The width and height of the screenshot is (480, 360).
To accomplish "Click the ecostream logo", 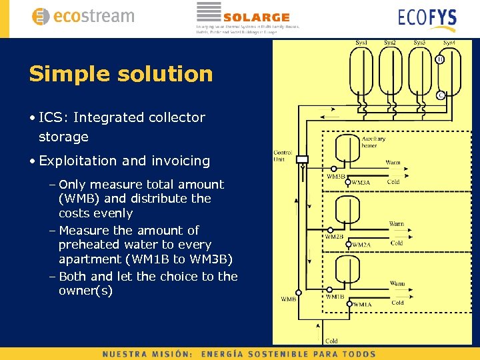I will pos(83,17).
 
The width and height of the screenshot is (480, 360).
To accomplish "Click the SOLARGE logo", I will pos(247,17).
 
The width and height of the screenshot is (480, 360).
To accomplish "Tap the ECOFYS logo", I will pos(427,17).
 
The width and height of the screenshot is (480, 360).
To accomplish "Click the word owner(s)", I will pos(85,291).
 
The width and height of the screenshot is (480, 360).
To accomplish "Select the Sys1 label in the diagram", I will pos(361,43).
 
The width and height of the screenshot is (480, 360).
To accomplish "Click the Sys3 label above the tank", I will pos(420,43).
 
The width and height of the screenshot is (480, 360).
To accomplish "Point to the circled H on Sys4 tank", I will pos(441,59).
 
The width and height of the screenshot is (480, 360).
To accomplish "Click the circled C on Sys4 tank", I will pos(441,95).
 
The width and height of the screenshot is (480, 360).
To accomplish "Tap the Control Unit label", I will pos(283,156).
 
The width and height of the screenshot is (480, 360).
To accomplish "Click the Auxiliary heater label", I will pos(373,142).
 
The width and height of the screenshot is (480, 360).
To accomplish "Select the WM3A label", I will pos(361,182).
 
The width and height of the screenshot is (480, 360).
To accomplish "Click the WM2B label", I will pos(334,237).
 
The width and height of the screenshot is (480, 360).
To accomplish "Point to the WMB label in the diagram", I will pos(289,299).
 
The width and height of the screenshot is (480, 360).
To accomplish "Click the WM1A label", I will pos(362,305).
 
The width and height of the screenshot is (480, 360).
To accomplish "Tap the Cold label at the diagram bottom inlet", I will pos(331,341).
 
